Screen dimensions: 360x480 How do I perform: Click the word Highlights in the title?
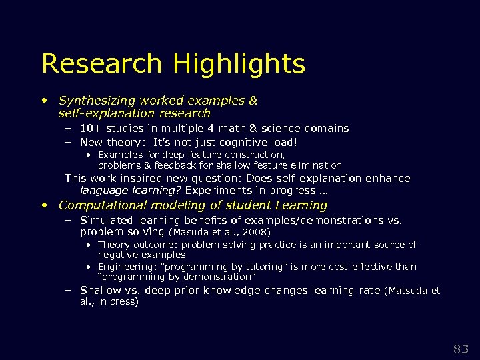(x=239, y=64)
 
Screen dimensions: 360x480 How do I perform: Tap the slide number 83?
(x=461, y=348)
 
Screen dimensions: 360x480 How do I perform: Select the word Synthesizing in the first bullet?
(x=96, y=101)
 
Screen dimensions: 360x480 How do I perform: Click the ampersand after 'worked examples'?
(x=252, y=101)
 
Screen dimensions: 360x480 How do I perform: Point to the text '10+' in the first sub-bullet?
(x=89, y=128)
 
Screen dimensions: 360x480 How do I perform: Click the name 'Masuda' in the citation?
(x=191, y=233)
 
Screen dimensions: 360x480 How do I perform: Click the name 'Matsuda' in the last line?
(x=410, y=291)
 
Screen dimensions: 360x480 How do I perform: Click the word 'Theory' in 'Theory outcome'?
(x=112, y=245)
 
